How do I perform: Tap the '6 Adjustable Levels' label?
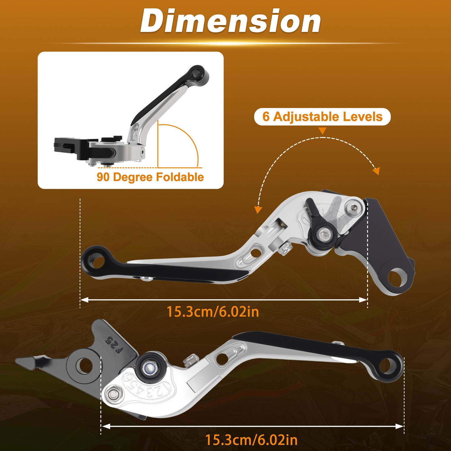[x=322, y=116]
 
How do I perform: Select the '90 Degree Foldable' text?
[x=150, y=177]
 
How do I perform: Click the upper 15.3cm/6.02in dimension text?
[x=213, y=312]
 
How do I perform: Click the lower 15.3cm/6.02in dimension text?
[x=251, y=440]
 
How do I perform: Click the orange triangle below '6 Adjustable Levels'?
[x=322, y=131]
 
